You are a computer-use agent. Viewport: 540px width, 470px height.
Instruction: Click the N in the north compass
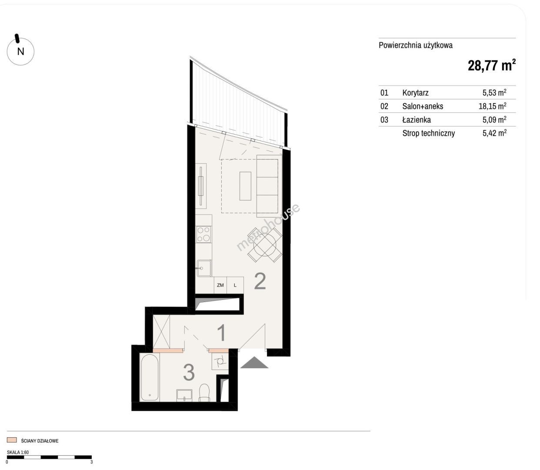20,51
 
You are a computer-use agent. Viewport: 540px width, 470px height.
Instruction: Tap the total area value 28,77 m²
491,65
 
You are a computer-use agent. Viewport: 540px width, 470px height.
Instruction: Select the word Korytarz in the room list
415,93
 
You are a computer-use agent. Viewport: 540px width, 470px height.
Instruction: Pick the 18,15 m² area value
493,106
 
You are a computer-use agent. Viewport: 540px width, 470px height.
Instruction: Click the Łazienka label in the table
417,120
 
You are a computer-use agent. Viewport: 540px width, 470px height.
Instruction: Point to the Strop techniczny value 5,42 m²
494,133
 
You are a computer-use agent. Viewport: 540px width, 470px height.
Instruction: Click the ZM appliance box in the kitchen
220,285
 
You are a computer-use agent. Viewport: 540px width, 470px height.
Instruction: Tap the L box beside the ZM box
235,285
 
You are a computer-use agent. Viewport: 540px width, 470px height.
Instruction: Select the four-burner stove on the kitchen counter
203,234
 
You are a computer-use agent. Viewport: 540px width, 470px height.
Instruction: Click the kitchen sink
204,268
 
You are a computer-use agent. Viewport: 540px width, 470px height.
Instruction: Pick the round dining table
265,245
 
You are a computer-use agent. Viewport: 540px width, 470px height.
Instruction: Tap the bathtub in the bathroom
150,378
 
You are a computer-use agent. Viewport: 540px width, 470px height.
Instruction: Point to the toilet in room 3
204,392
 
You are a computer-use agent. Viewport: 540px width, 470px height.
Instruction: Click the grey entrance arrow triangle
254,362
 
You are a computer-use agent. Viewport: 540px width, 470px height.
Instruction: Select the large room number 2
260,282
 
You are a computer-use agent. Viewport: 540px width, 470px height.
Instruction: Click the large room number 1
222,332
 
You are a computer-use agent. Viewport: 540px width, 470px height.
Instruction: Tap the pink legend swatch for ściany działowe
12,440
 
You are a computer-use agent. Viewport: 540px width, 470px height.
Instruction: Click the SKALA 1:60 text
18,452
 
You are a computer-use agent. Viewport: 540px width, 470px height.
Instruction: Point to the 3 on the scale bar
92,462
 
